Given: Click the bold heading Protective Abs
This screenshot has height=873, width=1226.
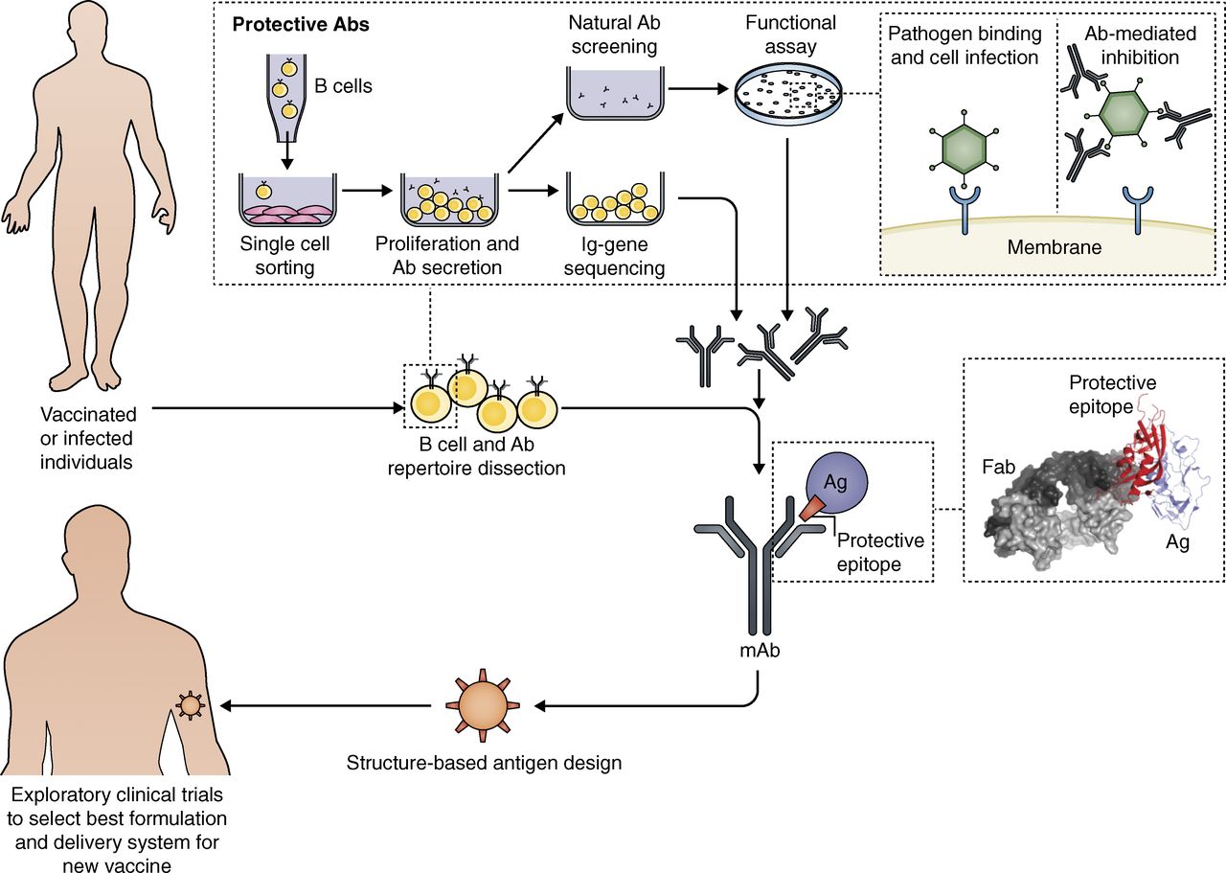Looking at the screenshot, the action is (x=301, y=25).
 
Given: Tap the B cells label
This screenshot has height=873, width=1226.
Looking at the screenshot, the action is (x=343, y=86).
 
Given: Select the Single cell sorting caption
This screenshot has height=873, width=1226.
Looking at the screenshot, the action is (x=284, y=256).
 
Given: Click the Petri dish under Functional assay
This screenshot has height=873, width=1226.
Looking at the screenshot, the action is (x=788, y=94).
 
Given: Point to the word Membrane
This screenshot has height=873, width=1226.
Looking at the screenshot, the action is (x=1055, y=247).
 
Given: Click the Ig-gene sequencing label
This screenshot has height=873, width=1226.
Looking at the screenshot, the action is (x=614, y=256).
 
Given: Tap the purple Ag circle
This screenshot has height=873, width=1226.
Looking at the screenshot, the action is (x=836, y=484).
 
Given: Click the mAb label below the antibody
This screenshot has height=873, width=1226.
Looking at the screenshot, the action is (x=760, y=651).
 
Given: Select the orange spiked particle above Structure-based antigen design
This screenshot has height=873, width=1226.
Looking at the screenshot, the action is (x=482, y=705).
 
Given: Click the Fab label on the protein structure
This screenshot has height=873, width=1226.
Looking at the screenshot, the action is (x=998, y=467).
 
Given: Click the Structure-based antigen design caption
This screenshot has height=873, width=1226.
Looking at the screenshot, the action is (x=484, y=763).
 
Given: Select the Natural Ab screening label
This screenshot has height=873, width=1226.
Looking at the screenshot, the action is (x=614, y=34).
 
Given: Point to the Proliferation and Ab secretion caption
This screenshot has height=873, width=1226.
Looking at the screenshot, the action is (x=447, y=255).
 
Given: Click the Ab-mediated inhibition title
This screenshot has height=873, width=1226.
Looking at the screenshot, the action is (x=1140, y=45).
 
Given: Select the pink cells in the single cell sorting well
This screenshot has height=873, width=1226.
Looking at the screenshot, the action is (x=286, y=216).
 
